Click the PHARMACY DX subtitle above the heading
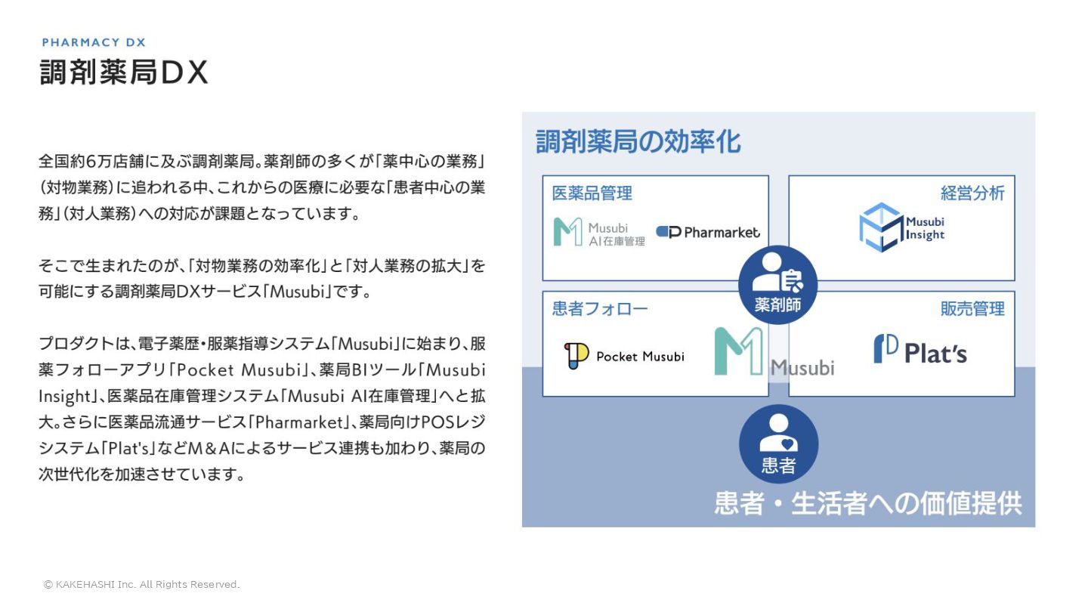pyautogui.click(x=94, y=42)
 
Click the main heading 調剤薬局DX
pyautogui.click(x=123, y=73)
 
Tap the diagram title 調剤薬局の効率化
pyautogui.click(x=638, y=141)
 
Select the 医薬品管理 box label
pyautogui.click(x=592, y=193)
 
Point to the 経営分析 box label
pyautogui.click(x=972, y=193)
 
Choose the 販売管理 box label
pyautogui.click(x=972, y=308)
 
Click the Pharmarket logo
pyautogui.click(x=708, y=232)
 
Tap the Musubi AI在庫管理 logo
pyautogui.click(x=599, y=232)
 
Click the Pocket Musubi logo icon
pyautogui.click(x=576, y=356)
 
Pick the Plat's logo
pyautogui.click(x=920, y=350)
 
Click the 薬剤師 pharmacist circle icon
pyautogui.click(x=777, y=285)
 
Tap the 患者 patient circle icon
pyautogui.click(x=778, y=444)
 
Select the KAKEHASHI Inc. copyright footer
pyautogui.click(x=141, y=584)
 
